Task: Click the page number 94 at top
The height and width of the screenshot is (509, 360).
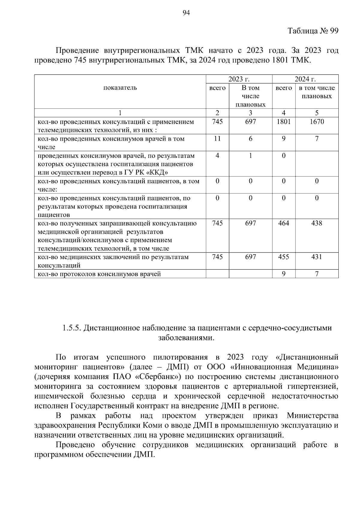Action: pos(186,13)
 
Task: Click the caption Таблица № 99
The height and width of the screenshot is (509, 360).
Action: pos(313,31)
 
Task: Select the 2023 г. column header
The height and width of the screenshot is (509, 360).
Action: pos(239,79)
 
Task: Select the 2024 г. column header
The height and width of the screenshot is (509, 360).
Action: pos(305,79)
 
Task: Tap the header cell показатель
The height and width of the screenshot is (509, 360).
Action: pos(120,88)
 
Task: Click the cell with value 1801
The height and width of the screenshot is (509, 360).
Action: pos(283,122)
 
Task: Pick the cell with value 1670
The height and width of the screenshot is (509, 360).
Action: pos(317,122)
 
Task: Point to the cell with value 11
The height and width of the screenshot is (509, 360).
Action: pos(217,139)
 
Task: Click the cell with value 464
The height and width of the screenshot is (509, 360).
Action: pos(283,223)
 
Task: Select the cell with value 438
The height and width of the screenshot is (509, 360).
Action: pos(317,223)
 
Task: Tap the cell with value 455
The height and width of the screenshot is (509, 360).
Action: pos(283,257)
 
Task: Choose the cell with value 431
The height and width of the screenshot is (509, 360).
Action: pos(317,257)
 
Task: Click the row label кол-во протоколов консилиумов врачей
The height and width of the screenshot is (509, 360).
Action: pos(99,274)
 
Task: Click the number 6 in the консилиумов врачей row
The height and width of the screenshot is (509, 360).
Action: pos(250,139)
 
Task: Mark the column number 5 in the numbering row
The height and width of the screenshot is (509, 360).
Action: pos(317,113)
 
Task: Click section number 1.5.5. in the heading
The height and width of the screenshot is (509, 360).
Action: pos(72,328)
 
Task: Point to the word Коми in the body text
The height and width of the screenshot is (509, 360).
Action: pos(152,425)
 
